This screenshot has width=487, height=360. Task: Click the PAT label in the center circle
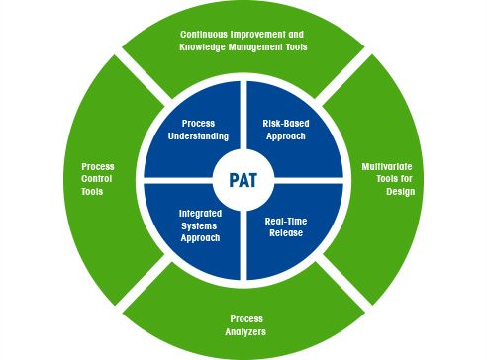click(243, 180)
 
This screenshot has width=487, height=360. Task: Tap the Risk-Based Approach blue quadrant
click(288, 131)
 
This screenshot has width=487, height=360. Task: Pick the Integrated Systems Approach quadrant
click(199, 225)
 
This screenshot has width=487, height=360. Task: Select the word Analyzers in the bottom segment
click(245, 332)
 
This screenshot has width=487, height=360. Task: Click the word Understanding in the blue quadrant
click(199, 136)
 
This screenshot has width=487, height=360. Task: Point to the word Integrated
click(199, 213)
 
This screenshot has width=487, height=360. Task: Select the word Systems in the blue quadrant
click(199, 225)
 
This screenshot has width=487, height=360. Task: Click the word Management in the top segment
click(258, 46)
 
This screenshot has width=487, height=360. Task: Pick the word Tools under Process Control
click(92, 192)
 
